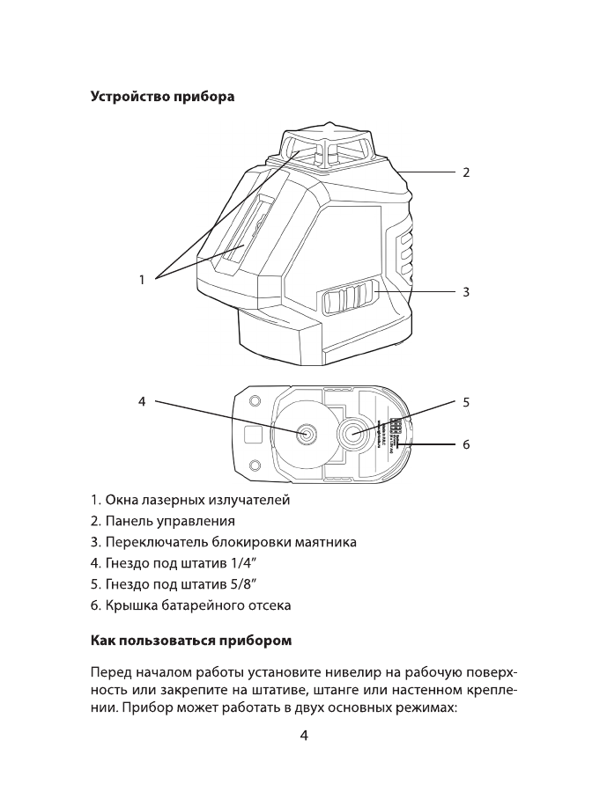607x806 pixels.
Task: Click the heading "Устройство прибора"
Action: [162, 96]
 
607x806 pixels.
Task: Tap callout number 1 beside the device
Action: [141, 280]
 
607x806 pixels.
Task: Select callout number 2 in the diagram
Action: [465, 172]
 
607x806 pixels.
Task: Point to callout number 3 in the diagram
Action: [465, 291]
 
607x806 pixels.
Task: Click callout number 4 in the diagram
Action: [141, 402]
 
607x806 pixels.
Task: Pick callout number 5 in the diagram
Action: [465, 402]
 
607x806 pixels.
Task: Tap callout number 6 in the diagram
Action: [465, 444]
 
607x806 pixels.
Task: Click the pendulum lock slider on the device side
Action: [351, 300]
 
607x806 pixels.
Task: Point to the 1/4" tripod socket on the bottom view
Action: [307, 433]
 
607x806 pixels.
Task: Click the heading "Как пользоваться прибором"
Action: [191, 638]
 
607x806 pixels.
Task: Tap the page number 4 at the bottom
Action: [303, 736]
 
